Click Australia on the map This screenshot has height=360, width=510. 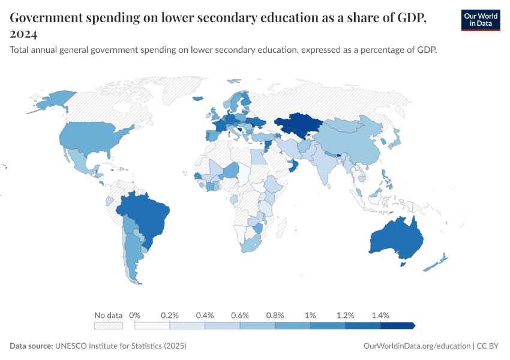pos(396,240)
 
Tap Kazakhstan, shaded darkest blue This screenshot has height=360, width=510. pos(298,124)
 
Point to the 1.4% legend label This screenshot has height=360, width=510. pos(380,315)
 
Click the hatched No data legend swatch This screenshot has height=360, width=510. pos(109,325)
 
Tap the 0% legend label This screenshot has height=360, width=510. pos(135,315)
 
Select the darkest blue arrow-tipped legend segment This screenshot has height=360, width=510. pos(397,325)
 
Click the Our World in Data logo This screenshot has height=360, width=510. pos(481,20)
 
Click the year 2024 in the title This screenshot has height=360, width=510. pos(23,34)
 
